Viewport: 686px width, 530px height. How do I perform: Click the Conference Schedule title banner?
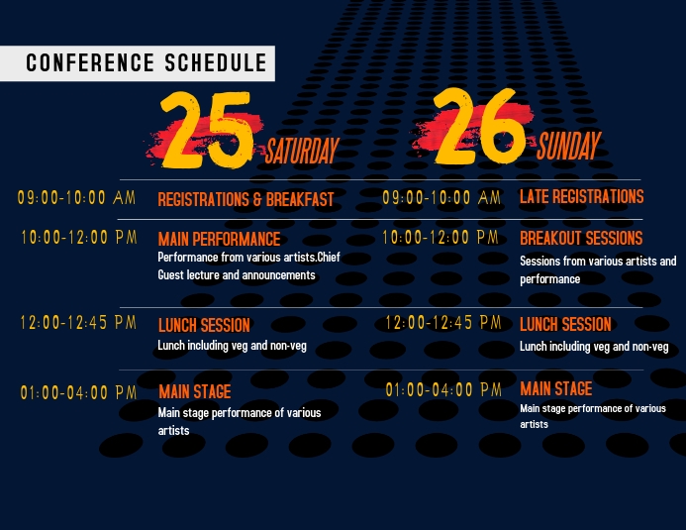(138, 63)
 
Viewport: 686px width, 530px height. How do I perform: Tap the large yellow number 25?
(207, 130)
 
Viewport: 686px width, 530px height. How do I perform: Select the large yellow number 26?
(479, 127)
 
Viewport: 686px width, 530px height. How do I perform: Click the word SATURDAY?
(302, 151)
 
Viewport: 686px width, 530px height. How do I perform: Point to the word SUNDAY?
(569, 146)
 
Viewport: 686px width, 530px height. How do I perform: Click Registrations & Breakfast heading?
(245, 199)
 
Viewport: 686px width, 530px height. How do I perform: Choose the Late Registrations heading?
(581, 196)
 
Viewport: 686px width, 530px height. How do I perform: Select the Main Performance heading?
(219, 239)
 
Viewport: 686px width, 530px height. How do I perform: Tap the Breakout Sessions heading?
(581, 238)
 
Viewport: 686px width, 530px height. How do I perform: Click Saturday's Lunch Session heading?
(204, 325)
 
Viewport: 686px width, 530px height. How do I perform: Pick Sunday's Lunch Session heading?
(565, 324)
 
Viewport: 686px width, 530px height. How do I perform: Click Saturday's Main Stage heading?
(195, 391)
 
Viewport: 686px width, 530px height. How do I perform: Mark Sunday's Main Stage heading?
(556, 388)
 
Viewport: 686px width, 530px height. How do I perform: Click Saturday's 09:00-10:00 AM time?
(76, 197)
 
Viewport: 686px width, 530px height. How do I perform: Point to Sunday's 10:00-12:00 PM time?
(441, 237)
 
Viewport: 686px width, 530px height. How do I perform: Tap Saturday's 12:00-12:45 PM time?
(78, 323)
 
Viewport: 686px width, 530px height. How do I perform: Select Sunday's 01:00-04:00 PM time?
(443, 389)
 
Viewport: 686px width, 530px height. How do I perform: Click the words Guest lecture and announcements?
(237, 274)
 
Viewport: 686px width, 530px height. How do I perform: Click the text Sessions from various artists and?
(598, 262)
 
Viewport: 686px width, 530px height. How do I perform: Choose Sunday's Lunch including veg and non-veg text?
(594, 347)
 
